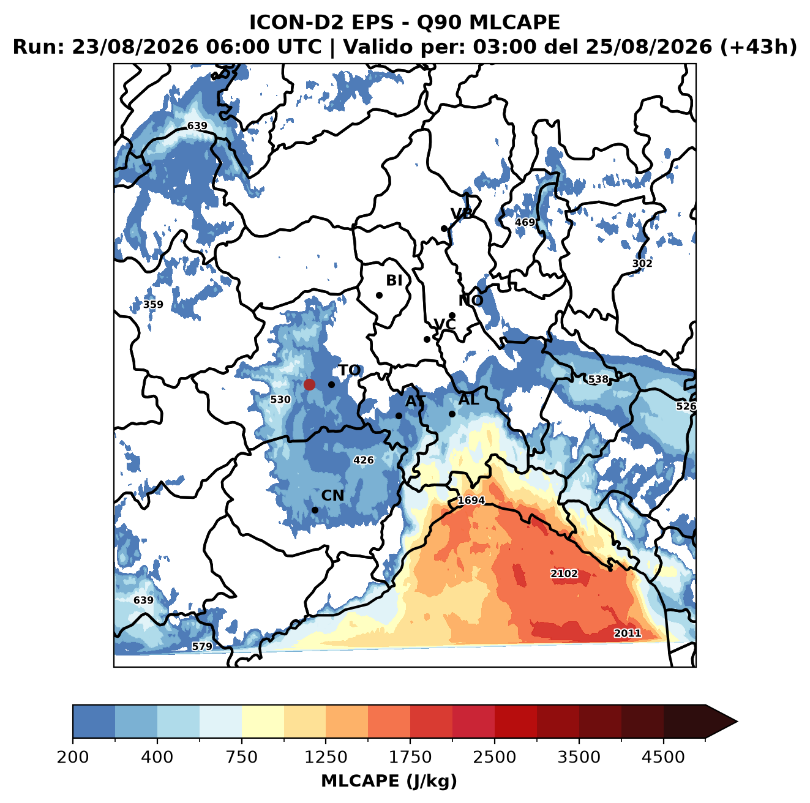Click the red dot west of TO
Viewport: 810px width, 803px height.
click(x=309, y=384)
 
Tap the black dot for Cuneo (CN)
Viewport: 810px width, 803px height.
click(x=315, y=510)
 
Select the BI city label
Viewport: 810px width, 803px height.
click(x=394, y=280)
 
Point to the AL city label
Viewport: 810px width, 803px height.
click(x=469, y=399)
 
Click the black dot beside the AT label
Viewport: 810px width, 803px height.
click(x=399, y=416)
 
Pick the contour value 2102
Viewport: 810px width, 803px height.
click(x=564, y=573)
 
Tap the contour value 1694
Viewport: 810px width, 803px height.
click(x=471, y=500)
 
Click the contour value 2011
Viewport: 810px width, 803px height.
click(x=628, y=633)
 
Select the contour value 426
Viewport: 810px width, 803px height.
click(x=364, y=460)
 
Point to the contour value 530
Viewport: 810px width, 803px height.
click(x=280, y=400)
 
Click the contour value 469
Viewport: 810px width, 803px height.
click(x=525, y=222)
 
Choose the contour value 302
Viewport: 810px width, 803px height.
click(x=642, y=263)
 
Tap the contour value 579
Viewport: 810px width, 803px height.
click(x=202, y=646)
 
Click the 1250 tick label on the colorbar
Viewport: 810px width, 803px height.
click(x=326, y=757)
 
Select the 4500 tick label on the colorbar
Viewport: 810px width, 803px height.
click(x=663, y=757)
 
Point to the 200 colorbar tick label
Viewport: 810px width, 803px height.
click(x=73, y=757)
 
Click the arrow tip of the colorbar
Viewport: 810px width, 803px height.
click(x=737, y=722)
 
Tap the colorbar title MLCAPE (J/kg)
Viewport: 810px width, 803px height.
click(x=389, y=781)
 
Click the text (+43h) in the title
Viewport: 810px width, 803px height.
click(x=759, y=47)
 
